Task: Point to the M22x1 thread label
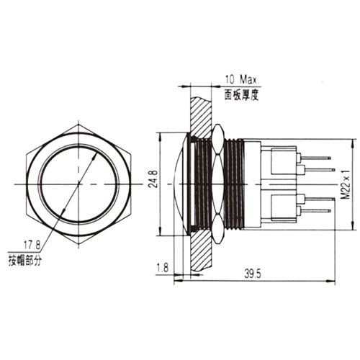click(346, 184)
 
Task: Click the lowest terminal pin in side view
click(317, 210)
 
